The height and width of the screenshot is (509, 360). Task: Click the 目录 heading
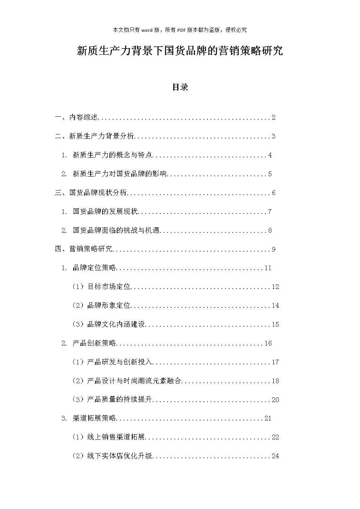[x=180, y=87]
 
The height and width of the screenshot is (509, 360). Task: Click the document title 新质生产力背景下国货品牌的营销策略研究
[x=180, y=51]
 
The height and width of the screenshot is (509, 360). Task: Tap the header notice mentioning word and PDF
[x=180, y=30]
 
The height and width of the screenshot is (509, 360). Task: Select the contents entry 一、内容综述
[x=76, y=117]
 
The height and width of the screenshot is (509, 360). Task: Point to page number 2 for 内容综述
[x=274, y=117]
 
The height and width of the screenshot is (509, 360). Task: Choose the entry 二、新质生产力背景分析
[x=95, y=136]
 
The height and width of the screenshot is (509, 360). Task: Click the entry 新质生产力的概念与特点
[x=112, y=155]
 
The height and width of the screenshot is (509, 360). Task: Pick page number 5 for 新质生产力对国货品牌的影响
[x=270, y=174]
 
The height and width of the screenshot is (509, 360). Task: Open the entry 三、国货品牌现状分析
[x=91, y=193]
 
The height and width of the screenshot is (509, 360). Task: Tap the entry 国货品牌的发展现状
[x=105, y=212]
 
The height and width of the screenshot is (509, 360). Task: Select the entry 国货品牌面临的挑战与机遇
[x=116, y=231]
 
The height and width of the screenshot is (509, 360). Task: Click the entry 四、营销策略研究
[x=84, y=249]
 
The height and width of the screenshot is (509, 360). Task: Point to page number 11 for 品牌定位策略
[x=268, y=268]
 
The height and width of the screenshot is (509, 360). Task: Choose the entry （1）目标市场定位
[x=102, y=287]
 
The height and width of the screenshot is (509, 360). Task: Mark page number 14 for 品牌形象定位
[x=276, y=306]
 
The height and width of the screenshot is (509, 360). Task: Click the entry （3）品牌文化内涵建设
[x=109, y=324]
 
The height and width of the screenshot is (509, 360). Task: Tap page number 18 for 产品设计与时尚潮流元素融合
[x=276, y=381]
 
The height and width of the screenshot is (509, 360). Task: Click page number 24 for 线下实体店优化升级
[x=276, y=456]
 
